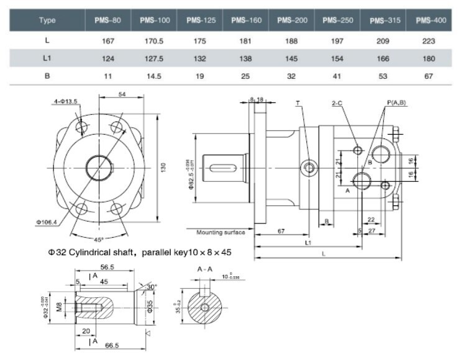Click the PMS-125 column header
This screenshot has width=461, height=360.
point(201,20)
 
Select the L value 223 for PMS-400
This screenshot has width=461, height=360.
point(431,41)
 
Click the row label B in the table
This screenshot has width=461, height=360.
point(47,79)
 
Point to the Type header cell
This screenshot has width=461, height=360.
point(47,20)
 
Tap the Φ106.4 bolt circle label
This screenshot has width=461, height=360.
point(48,221)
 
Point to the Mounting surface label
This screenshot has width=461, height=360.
point(221,233)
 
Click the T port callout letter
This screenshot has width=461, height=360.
point(298,102)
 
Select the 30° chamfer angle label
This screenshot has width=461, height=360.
point(153,287)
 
